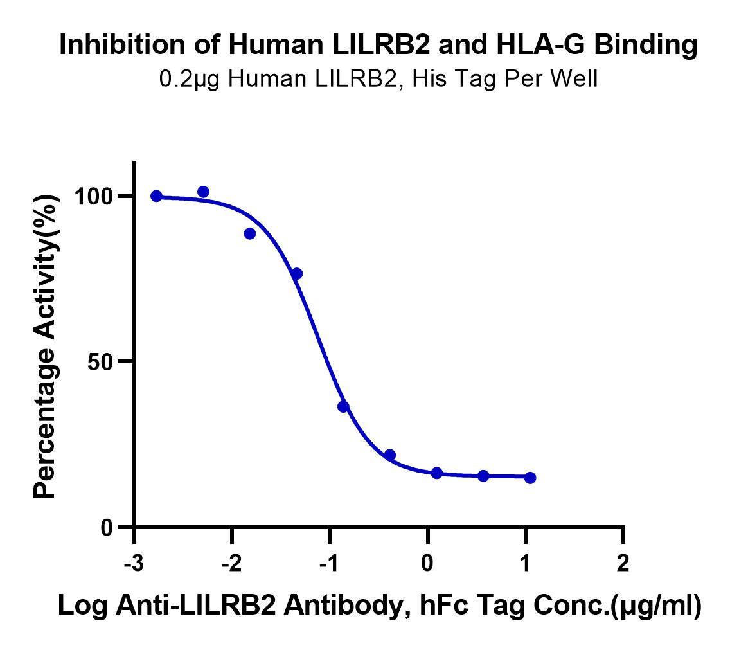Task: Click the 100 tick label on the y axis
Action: (x=94, y=197)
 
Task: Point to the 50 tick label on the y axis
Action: (x=100, y=362)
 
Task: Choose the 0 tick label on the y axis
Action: (x=107, y=528)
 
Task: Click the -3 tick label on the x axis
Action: (x=134, y=563)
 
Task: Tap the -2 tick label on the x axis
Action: (x=232, y=563)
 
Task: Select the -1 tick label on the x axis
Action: (x=329, y=563)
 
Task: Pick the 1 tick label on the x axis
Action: (x=525, y=563)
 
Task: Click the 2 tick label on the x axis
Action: (x=623, y=563)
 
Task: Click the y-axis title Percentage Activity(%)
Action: (x=46, y=347)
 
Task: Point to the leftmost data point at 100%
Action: (x=156, y=196)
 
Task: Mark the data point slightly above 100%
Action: (x=204, y=192)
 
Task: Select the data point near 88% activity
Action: (x=250, y=233)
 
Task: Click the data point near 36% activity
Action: (x=344, y=407)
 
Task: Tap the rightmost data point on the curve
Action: (x=530, y=478)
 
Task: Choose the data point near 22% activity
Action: (x=390, y=455)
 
